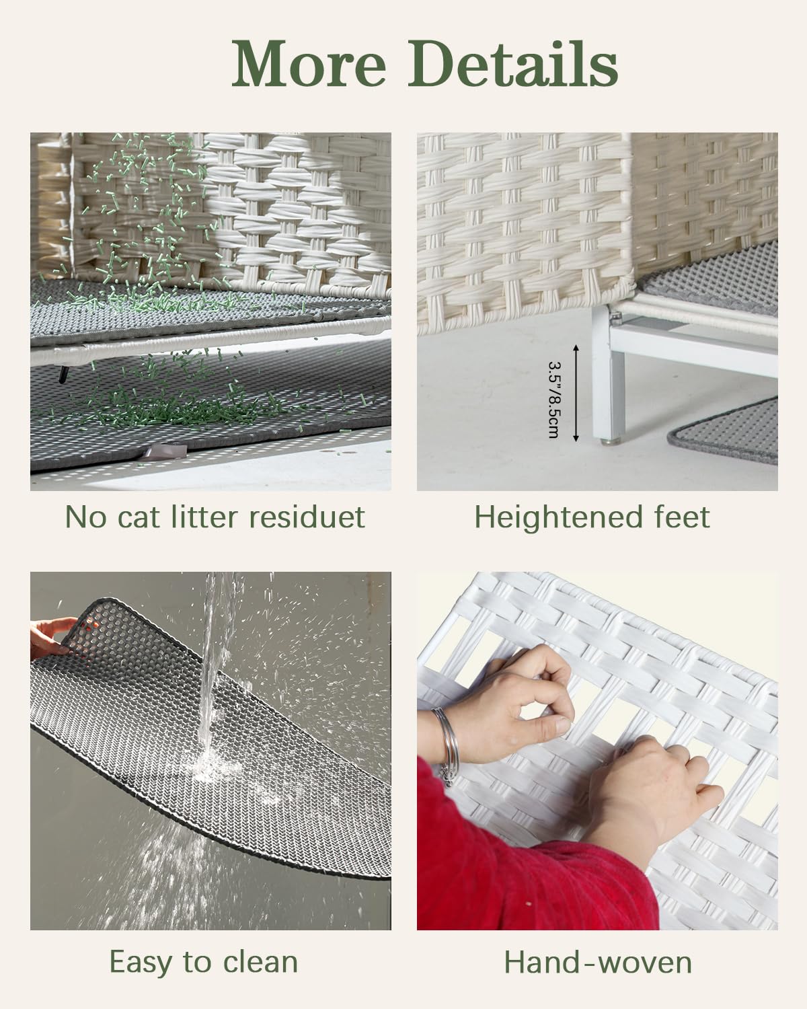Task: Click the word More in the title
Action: click(309, 63)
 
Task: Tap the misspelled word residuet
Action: click(307, 517)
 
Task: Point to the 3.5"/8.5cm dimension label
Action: click(553, 399)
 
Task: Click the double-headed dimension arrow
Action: click(576, 393)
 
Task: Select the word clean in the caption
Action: click(260, 962)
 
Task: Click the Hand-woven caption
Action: click(598, 963)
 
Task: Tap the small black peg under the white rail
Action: click(63, 375)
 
